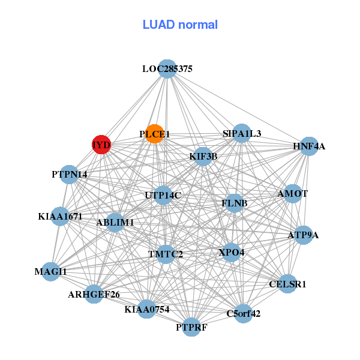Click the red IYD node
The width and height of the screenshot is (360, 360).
[101, 145]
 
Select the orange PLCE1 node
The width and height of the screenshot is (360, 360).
[155, 134]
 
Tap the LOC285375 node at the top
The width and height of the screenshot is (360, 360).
[167, 69]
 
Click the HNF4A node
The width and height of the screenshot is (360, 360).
[308, 146]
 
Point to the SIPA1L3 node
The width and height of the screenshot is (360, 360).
[242, 133]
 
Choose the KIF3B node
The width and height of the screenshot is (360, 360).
[203, 157]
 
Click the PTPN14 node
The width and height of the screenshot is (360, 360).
[70, 175]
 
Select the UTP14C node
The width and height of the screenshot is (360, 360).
[163, 195]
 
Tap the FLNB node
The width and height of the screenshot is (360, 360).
[235, 203]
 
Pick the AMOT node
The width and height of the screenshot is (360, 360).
[292, 194]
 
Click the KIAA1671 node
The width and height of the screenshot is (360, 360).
[60, 216]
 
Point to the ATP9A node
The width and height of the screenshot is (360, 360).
[303, 235]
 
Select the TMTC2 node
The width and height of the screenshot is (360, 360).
[166, 254]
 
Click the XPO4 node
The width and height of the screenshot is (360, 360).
[232, 252]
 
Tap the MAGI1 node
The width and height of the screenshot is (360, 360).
[50, 272]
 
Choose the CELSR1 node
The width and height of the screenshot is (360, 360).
[287, 284]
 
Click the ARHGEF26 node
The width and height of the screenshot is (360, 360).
[94, 294]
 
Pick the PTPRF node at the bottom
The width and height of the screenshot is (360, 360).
[191, 327]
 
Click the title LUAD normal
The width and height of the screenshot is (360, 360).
[180, 25]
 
